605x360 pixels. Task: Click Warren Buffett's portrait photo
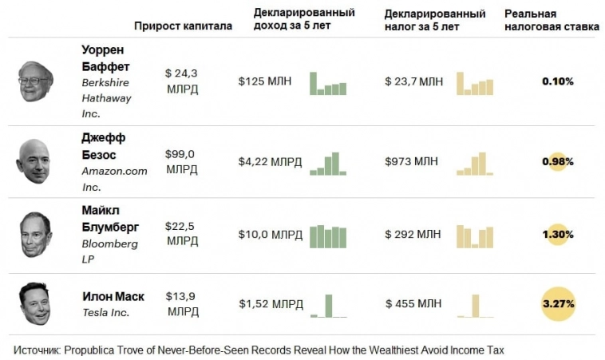coord(36,81)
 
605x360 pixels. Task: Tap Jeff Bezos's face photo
coord(34,160)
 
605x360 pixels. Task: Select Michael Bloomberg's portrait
coord(36,234)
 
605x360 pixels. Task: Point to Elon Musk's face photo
coord(36,303)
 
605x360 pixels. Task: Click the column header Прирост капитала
coord(183,26)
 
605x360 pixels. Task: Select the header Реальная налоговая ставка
coord(552,20)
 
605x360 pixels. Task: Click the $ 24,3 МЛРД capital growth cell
coord(182,81)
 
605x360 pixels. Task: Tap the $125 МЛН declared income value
coord(267,81)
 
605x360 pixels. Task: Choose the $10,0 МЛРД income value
coord(271,235)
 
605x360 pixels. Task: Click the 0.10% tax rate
coord(558,81)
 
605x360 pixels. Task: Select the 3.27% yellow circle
coord(558,303)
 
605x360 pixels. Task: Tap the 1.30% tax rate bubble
coord(558,235)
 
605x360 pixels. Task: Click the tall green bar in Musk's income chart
coord(328,306)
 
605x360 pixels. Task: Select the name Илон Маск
coord(113,296)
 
